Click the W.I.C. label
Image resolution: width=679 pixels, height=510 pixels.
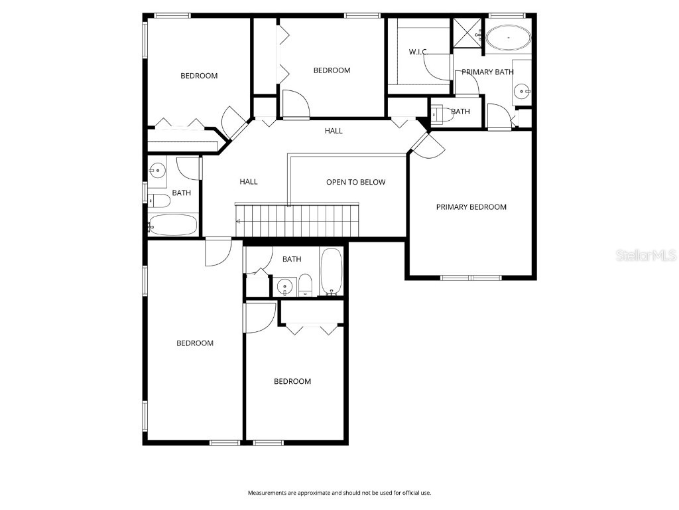(x=418, y=52)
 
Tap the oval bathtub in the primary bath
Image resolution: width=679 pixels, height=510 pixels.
(x=509, y=39)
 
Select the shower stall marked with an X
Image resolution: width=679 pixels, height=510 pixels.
(x=467, y=33)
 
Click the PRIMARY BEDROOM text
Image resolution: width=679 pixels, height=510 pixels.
(x=471, y=207)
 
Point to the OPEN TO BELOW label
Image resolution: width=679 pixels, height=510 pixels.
(x=355, y=182)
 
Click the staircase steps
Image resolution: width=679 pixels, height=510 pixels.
(x=298, y=220)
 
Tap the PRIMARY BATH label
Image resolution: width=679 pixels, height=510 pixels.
(x=487, y=72)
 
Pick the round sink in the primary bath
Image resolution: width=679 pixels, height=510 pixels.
(x=523, y=91)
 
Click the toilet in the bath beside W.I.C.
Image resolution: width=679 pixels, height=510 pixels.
(x=440, y=114)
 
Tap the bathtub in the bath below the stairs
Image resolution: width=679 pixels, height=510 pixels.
(x=331, y=272)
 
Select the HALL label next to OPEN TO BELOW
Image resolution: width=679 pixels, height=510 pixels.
(x=249, y=182)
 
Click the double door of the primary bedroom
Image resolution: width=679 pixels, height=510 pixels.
(x=423, y=144)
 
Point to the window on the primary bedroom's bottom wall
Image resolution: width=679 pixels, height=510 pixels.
(x=470, y=277)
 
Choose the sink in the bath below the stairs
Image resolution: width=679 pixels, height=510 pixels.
(x=284, y=287)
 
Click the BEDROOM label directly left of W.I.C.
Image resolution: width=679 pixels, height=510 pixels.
(x=332, y=70)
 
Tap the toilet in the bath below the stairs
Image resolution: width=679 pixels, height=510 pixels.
(x=305, y=286)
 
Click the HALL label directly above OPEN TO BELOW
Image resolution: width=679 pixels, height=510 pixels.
(x=334, y=131)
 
